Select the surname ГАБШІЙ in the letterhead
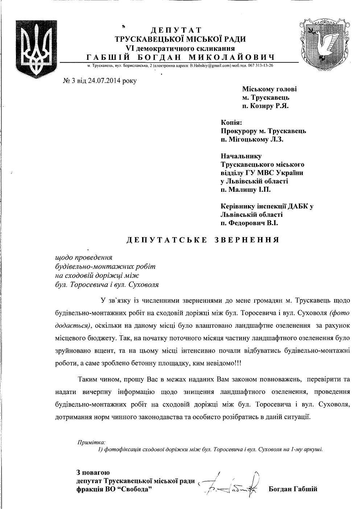coord(109,57)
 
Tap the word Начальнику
coord(241,156)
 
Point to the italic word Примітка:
coord(91,442)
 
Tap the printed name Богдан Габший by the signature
coord(293,489)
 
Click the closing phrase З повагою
coord(93,473)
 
